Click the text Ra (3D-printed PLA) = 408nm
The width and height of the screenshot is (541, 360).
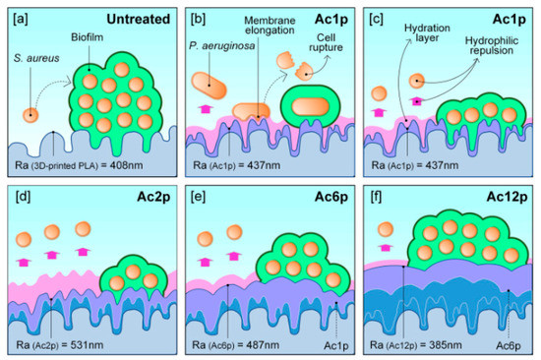(x=86, y=163)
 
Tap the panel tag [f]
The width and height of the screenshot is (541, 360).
(x=375, y=197)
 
